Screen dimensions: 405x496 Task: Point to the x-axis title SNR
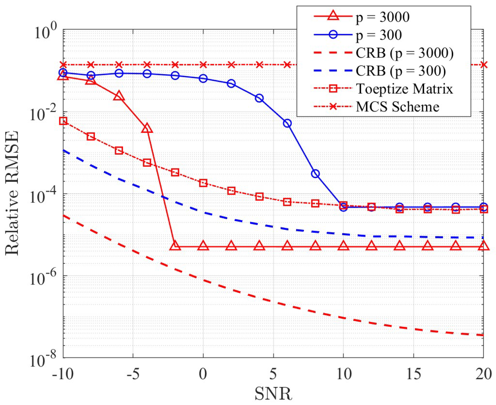tap(273, 394)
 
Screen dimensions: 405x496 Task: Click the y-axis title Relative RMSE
tap(12, 193)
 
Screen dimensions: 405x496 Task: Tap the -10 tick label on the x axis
tap(63, 374)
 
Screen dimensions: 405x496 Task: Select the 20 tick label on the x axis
tap(483, 374)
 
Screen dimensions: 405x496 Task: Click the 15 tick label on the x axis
tap(413, 374)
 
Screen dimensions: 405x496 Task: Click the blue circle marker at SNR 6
tap(287, 123)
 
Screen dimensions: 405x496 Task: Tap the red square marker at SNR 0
tap(203, 183)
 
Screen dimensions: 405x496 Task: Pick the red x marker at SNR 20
tap(483, 65)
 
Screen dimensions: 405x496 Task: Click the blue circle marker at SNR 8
tap(315, 174)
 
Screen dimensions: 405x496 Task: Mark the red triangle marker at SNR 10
tap(343, 246)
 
